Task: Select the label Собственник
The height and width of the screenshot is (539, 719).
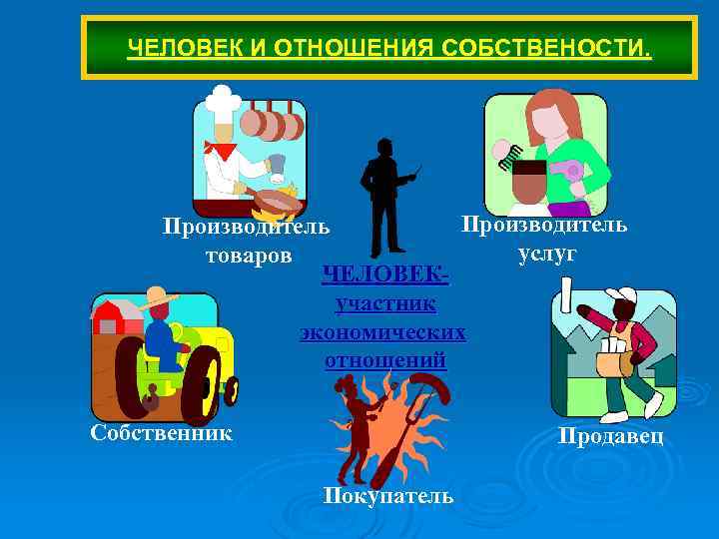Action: coord(161,433)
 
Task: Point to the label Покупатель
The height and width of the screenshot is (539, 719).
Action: coord(388,496)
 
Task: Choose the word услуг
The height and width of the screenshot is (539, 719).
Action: coord(547,255)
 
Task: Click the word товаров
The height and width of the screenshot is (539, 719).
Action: coord(249,255)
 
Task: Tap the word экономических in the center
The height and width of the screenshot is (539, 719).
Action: coord(383,331)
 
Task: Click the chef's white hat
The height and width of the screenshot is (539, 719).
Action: coord(222,101)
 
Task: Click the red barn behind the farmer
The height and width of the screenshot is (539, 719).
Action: coord(113,317)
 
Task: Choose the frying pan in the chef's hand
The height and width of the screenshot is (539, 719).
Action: coord(277,201)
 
